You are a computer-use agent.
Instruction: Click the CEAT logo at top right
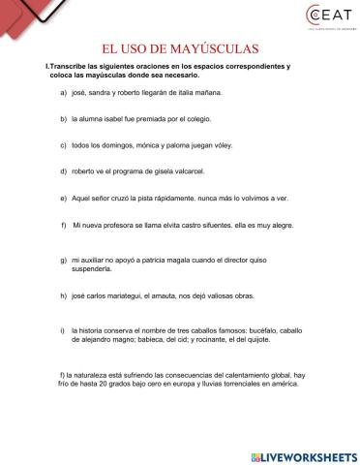point(320,21)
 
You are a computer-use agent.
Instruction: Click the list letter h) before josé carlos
point(63,295)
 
